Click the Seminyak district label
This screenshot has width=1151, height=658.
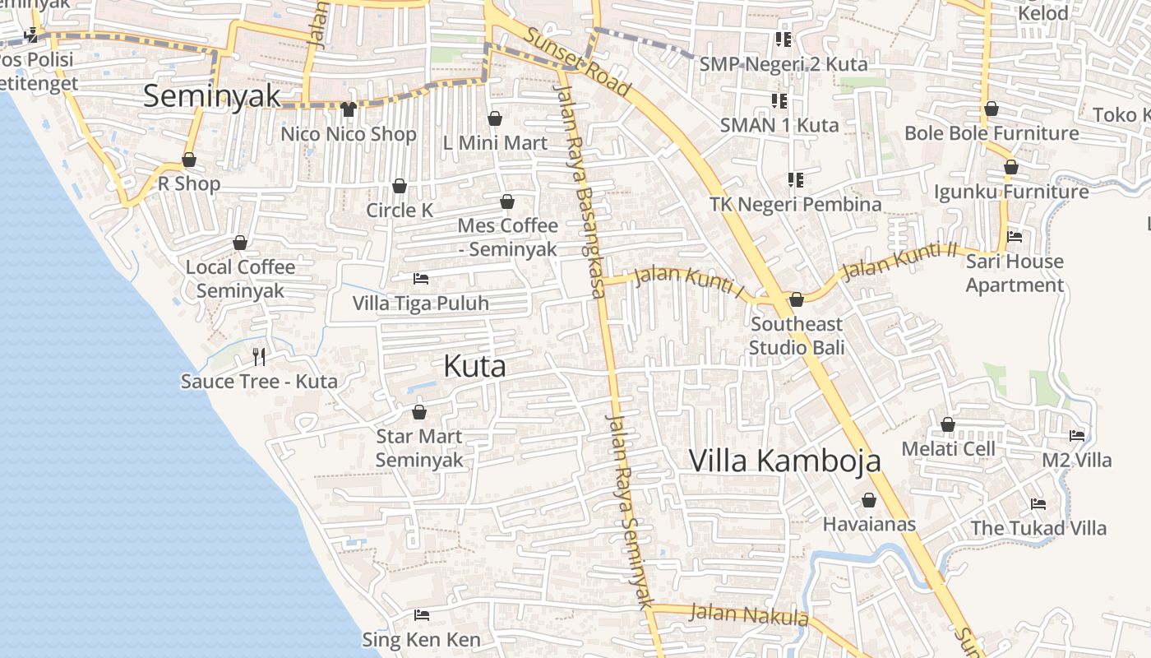coord(212,96)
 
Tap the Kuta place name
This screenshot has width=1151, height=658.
coord(474,367)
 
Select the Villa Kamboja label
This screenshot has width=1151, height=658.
coord(784,461)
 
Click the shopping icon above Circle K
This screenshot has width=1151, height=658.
coord(400,187)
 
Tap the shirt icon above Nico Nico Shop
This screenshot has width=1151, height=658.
coord(348,109)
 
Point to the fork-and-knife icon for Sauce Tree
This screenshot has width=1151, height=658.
coord(259,356)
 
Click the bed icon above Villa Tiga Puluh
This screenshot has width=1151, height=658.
coord(421,279)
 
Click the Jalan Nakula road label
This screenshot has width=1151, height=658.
coord(748,614)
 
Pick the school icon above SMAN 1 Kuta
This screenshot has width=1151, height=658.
coord(779,101)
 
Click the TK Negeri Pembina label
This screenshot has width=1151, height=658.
coord(795,204)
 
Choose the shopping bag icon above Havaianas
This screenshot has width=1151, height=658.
coord(869,500)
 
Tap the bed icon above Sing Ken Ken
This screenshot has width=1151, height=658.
coord(422,615)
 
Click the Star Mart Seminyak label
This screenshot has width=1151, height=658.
coord(419,448)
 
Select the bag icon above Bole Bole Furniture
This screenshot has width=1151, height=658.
coord(992,109)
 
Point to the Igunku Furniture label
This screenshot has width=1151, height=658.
coord(1010,192)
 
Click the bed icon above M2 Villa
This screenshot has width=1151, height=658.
coord(1077,436)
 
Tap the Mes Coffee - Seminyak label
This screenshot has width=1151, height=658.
coord(507,237)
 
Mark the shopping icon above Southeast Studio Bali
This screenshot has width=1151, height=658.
coord(796,300)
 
